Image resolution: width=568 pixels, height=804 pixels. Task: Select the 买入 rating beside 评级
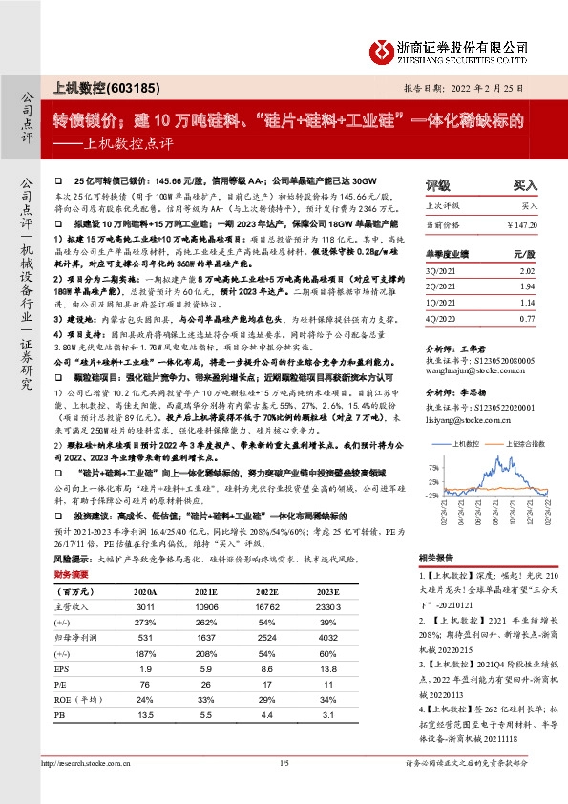click(526, 184)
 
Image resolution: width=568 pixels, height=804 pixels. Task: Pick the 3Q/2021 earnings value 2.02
click(526, 271)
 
